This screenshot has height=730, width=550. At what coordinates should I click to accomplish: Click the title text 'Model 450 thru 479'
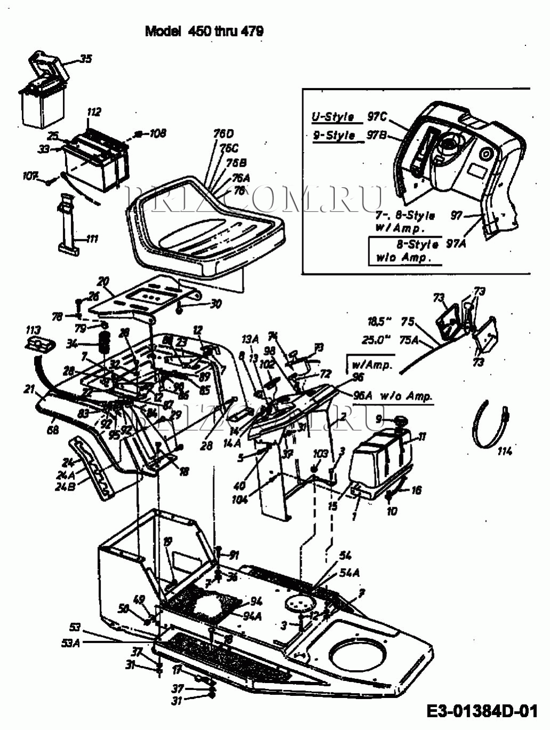click(x=204, y=31)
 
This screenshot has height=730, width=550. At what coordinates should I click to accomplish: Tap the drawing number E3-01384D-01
click(x=482, y=711)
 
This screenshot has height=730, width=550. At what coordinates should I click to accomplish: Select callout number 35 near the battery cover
click(x=85, y=59)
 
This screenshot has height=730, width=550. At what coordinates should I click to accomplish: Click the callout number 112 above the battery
click(x=94, y=113)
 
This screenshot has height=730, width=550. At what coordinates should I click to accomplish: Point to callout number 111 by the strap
click(x=92, y=239)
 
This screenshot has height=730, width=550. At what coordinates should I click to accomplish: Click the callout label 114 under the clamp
click(x=504, y=451)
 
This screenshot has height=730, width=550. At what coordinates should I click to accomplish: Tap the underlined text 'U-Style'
click(x=333, y=117)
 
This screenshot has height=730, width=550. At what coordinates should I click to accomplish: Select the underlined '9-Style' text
click(x=334, y=135)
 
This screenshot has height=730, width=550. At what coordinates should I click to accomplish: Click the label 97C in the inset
click(x=377, y=117)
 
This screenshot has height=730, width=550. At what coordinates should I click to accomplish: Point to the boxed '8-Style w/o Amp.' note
click(x=406, y=251)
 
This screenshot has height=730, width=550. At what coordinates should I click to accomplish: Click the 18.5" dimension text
click(x=379, y=322)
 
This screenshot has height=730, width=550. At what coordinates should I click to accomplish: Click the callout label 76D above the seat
click(x=223, y=134)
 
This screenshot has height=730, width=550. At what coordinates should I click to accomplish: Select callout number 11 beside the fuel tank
click(x=422, y=437)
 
